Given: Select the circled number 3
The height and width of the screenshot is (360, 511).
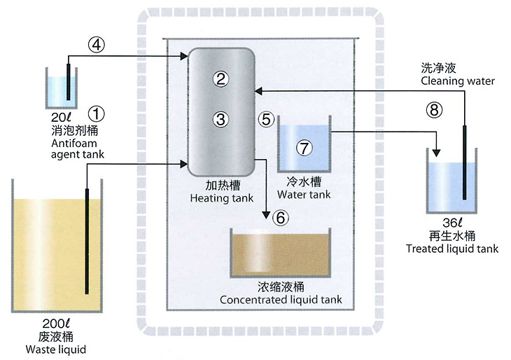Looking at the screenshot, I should [220, 119].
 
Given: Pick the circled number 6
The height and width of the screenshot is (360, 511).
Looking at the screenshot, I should [281, 217].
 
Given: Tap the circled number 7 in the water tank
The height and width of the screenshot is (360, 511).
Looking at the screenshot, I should [303, 148].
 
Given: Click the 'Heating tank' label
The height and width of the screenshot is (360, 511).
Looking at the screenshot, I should [220, 198].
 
